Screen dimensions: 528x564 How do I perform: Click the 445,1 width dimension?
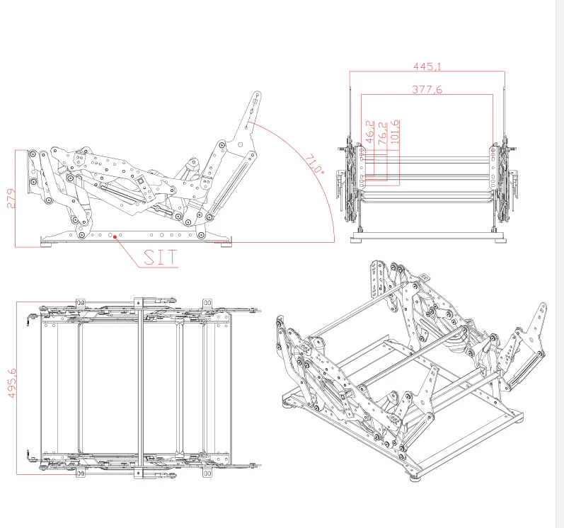(x=427, y=67)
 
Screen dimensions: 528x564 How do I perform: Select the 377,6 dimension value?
(x=427, y=90)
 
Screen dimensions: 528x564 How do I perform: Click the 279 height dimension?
(x=10, y=199)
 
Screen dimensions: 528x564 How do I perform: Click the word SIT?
(x=159, y=258)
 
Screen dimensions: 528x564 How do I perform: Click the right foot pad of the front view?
(x=501, y=239)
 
